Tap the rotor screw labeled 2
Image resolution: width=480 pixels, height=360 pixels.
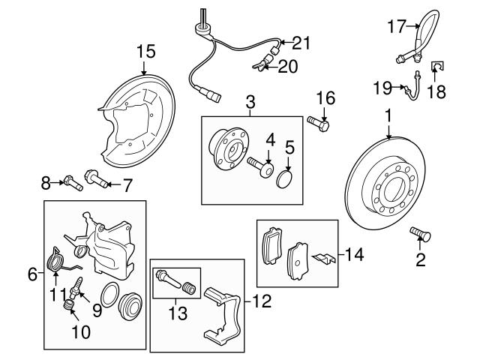coord(419,235)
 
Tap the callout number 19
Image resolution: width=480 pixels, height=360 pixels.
coord(381,89)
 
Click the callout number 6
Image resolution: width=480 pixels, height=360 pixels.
coord(32,274)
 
